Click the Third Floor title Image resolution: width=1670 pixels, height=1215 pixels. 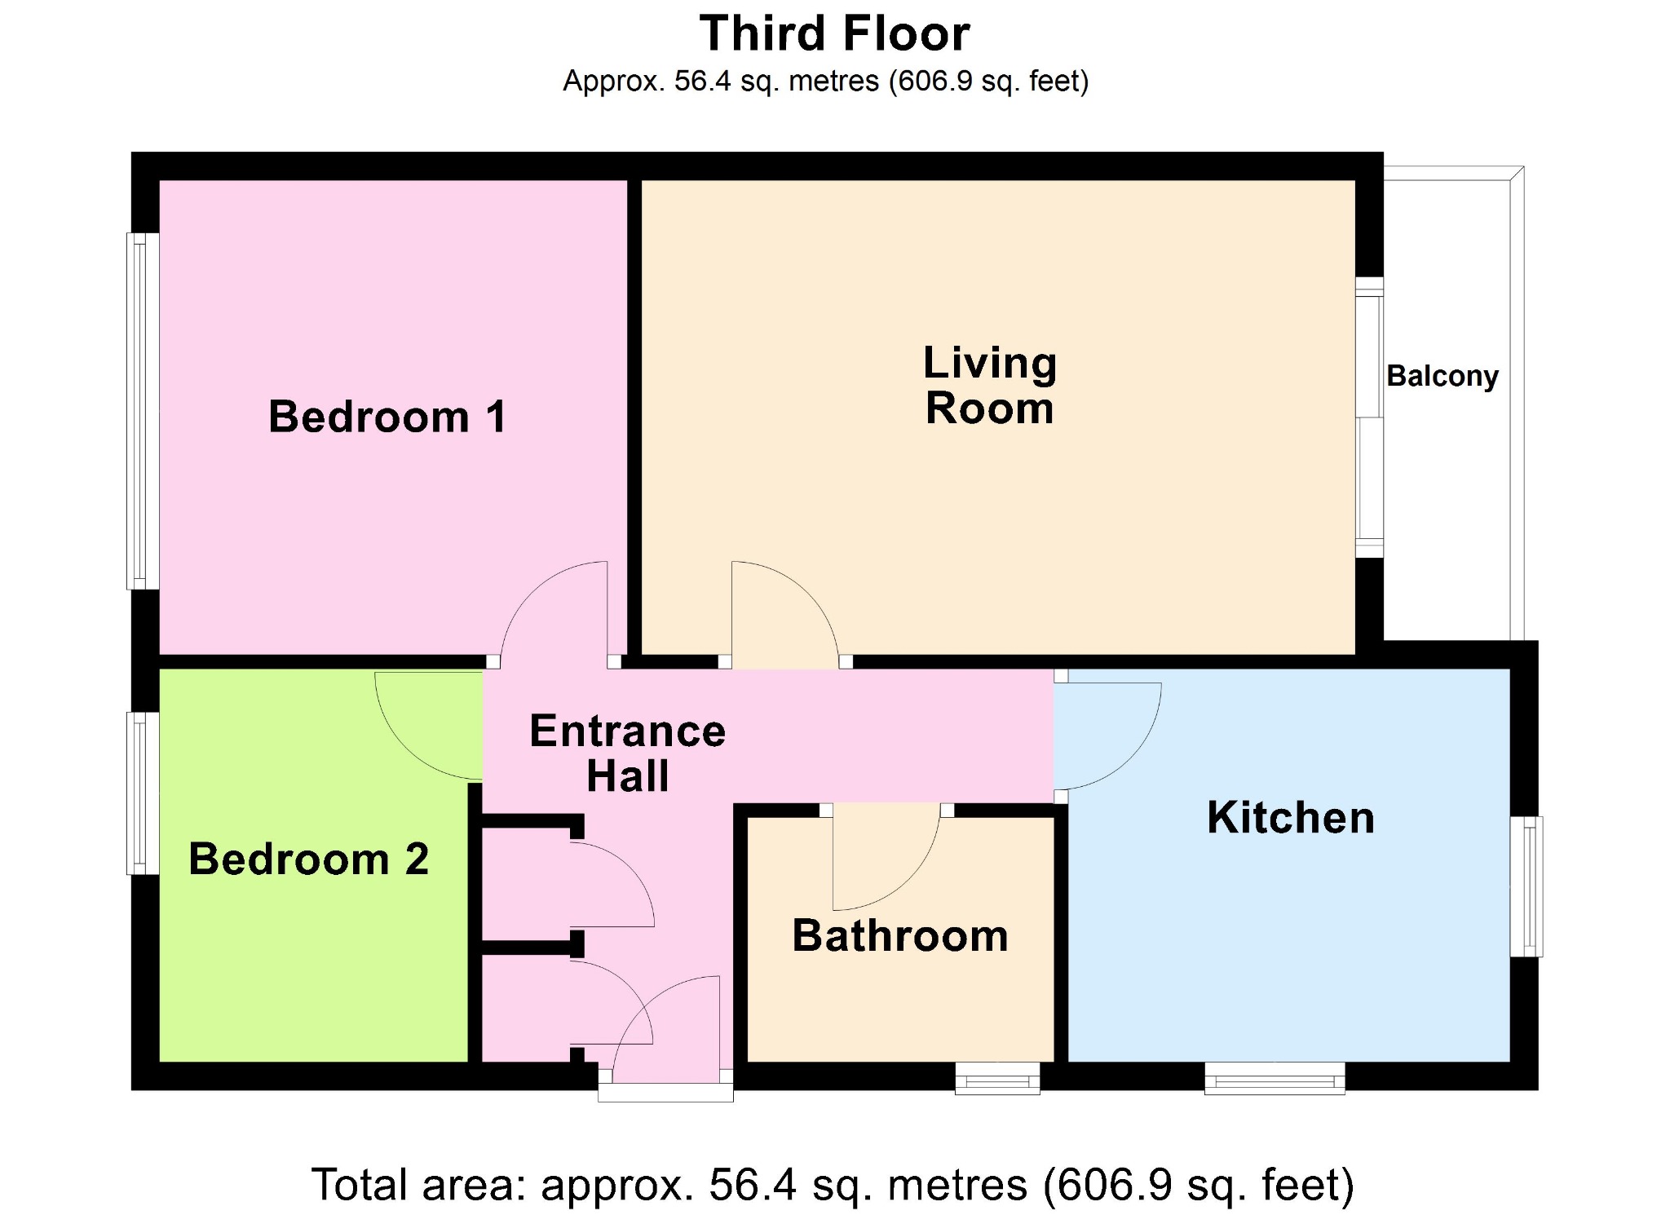tap(835, 34)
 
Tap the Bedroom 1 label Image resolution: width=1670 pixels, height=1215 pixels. tap(387, 417)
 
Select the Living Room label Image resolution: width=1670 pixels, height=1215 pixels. tap(990, 385)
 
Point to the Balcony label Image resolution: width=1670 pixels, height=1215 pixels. tap(1442, 376)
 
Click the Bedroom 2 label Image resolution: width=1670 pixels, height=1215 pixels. tap(308, 859)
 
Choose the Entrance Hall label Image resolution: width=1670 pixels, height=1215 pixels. tap(627, 753)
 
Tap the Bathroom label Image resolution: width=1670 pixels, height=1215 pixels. tap(900, 935)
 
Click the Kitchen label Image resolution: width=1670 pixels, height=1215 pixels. tap(1291, 818)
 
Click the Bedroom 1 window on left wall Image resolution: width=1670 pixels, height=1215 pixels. tap(142, 411)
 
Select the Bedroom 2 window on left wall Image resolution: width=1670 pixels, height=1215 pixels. tap(142, 793)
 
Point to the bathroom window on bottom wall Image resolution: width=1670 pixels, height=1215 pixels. tap(998, 1078)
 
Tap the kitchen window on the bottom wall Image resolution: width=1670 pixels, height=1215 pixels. tap(1275, 1078)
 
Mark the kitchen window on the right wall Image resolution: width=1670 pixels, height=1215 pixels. tap(1526, 886)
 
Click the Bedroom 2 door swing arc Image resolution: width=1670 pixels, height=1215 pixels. tap(404, 750)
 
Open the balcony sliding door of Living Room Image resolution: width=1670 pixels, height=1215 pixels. tap(1370, 418)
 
